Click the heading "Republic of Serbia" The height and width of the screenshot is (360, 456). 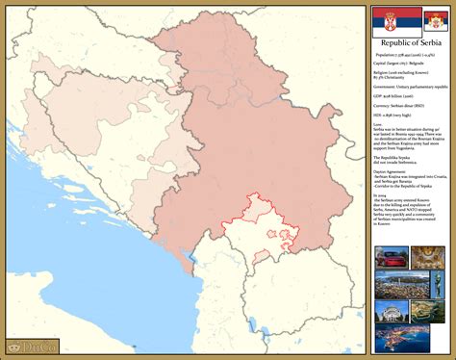(x=410, y=45)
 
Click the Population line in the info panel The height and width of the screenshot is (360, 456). (x=409, y=56)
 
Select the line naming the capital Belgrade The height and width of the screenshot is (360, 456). (x=403, y=65)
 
